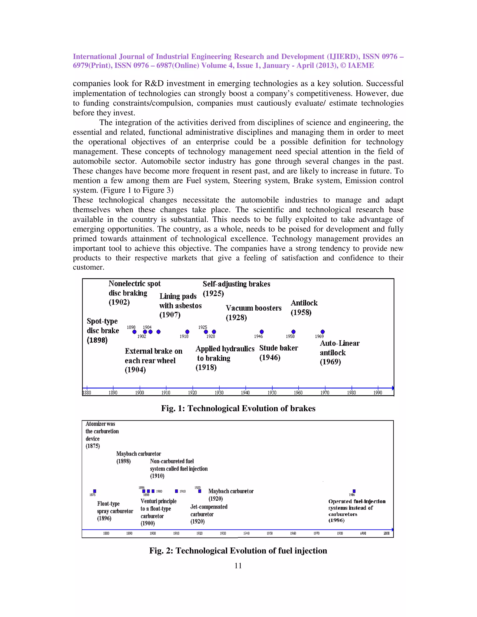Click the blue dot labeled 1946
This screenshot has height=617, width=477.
pyautogui.click(x=262, y=332)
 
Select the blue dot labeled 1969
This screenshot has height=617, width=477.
pyautogui.click(x=323, y=332)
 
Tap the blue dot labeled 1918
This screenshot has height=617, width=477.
pyautogui.click(x=187, y=332)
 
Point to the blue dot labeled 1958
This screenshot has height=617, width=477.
pyautogui.click(x=294, y=332)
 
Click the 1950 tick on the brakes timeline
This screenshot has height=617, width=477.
pyautogui.click(x=272, y=388)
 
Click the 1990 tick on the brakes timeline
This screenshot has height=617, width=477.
pyautogui.click(x=378, y=388)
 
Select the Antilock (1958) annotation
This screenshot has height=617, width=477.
pyautogui.click(x=304, y=308)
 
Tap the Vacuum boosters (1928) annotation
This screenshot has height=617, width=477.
pyautogui.click(x=253, y=312)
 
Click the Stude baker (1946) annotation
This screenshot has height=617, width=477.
pyautogui.click(x=278, y=353)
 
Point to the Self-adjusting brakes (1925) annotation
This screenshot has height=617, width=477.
pyautogui.click(x=236, y=288)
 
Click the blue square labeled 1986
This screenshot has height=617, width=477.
pyautogui.click(x=354, y=491)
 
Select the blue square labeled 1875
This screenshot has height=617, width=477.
pyautogui.click(x=95, y=491)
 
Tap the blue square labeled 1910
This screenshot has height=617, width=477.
pyautogui.click(x=176, y=491)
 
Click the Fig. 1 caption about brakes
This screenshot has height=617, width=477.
pyautogui.click(x=238, y=409)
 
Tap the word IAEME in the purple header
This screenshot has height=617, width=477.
pyautogui.click(x=361, y=66)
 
